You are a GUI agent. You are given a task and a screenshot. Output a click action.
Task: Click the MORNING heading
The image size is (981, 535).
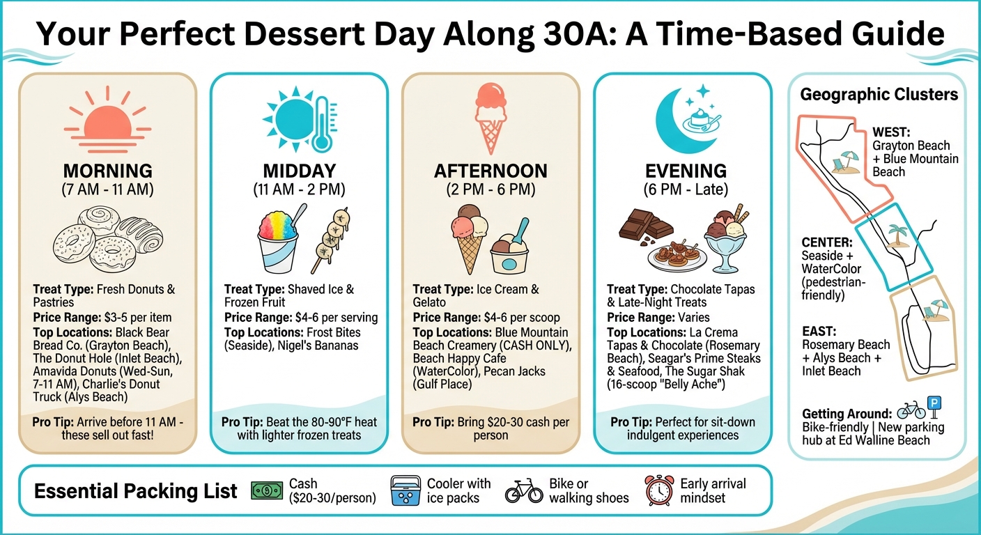tap(107, 171)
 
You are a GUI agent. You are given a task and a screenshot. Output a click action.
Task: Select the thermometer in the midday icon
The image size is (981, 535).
tap(321, 125)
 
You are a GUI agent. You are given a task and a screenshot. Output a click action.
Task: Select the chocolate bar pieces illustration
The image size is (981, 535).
tap(646, 226)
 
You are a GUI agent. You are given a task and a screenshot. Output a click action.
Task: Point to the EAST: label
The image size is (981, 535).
tap(819, 331)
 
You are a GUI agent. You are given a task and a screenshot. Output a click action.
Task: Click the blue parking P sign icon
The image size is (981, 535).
tap(936, 403)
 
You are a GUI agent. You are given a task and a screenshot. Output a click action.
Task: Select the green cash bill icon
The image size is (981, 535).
tap(267, 491)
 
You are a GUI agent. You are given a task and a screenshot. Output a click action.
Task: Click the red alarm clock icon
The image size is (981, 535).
tap(659, 491)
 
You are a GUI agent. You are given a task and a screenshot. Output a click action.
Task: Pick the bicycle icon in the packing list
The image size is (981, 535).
tap(523, 492)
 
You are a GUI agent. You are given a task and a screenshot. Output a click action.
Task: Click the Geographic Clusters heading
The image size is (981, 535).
tap(879, 95)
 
